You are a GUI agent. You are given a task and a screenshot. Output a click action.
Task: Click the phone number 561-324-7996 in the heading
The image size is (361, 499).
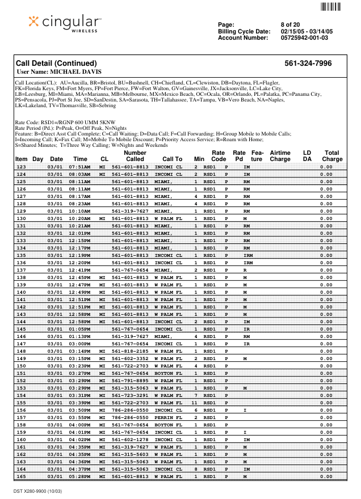pyautogui.click(x=308, y=64)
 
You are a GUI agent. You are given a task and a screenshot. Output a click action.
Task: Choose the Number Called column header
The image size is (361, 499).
pyautogui.click(x=135, y=156)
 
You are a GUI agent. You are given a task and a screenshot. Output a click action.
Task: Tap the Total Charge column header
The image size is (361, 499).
pyautogui.click(x=332, y=156)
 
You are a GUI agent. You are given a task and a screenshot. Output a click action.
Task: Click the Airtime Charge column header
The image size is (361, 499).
pyautogui.click(x=280, y=156)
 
